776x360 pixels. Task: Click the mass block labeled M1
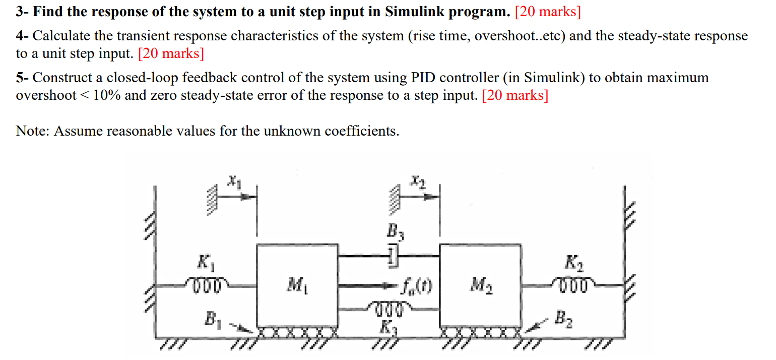tap(297, 286)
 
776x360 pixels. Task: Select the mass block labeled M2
tap(480, 286)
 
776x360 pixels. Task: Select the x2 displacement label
tap(417, 181)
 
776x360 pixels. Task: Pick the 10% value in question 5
tap(107, 95)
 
